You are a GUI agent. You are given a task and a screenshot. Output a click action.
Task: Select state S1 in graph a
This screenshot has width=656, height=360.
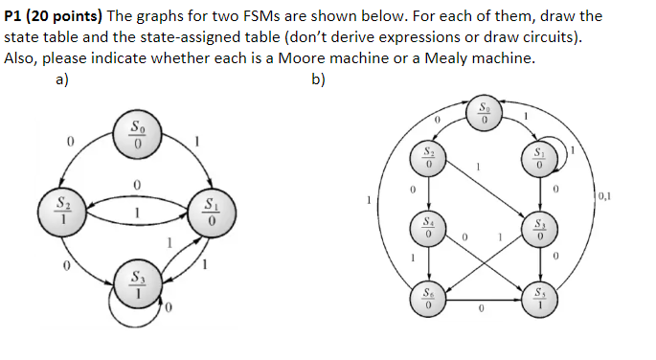212,213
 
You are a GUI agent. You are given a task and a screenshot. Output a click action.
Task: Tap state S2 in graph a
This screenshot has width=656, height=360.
62,210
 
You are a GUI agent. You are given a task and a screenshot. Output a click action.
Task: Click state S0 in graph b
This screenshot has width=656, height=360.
485,113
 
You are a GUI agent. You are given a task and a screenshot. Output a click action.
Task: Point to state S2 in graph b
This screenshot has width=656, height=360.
430,160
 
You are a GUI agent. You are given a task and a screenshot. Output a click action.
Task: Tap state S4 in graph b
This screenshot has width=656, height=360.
430,227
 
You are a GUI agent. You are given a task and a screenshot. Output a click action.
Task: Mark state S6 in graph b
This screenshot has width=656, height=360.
430,297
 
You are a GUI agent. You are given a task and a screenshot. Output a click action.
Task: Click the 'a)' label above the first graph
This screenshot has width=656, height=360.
61,79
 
